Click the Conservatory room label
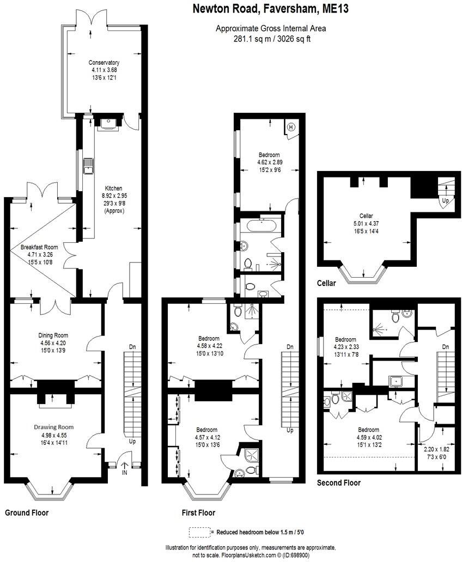(105, 63)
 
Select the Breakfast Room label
(39, 247)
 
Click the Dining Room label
(53, 335)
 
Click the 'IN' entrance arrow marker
(124, 467)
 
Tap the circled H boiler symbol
(290, 127)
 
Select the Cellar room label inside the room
(366, 216)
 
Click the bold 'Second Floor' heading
(338, 482)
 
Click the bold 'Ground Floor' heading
(27, 512)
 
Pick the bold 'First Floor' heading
(198, 512)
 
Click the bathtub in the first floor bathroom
(262, 224)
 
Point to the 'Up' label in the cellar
(445, 201)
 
